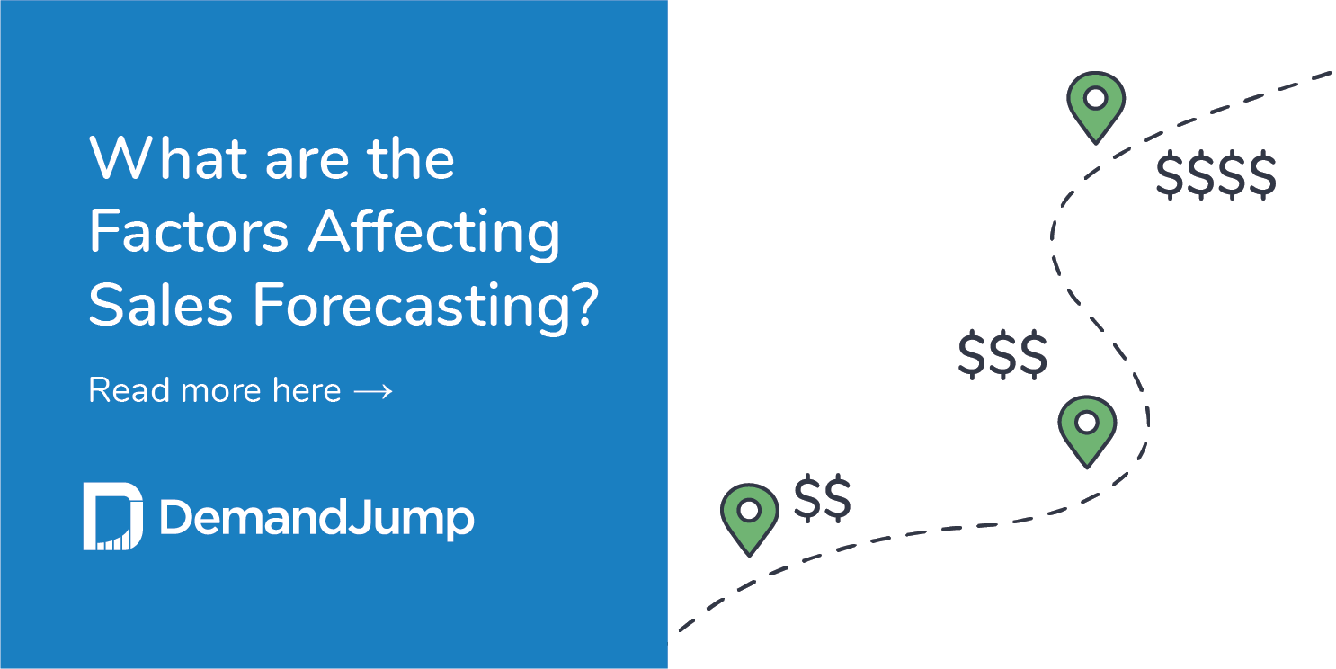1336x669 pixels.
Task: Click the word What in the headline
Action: pyautogui.click(x=166, y=159)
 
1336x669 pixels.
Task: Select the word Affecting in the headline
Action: pyautogui.click(x=435, y=233)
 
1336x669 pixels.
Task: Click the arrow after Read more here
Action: pyautogui.click(x=373, y=391)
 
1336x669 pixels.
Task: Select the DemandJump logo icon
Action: pyautogui.click(x=112, y=517)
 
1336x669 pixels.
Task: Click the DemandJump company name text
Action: pyautogui.click(x=316, y=519)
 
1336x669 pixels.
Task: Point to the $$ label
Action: pyautogui.click(x=822, y=500)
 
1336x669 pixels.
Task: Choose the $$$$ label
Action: pyautogui.click(x=1216, y=175)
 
